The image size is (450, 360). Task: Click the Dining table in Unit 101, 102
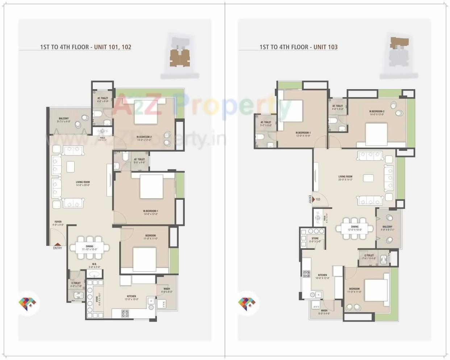(89, 248)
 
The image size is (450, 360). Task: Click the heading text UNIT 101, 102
(113, 47)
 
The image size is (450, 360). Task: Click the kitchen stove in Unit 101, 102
(125, 313)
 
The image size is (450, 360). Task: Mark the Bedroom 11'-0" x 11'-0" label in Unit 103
(354, 290)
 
